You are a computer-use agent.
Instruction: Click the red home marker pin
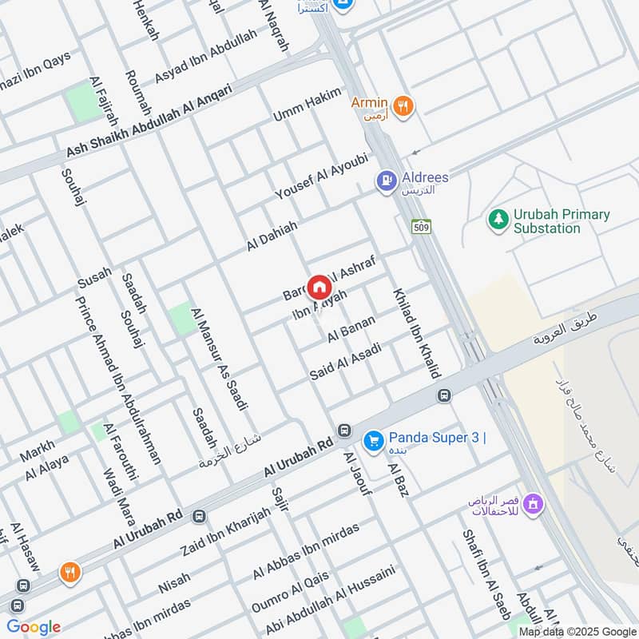pos(318,287)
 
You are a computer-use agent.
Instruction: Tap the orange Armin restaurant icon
pos(404,105)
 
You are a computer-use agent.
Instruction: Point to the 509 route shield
pos(422,227)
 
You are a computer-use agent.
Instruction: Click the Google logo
pos(33,627)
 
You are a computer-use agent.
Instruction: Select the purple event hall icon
pos(534,504)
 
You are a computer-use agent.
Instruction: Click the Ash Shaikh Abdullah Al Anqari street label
pos(149,121)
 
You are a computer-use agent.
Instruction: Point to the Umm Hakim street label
pos(306,105)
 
